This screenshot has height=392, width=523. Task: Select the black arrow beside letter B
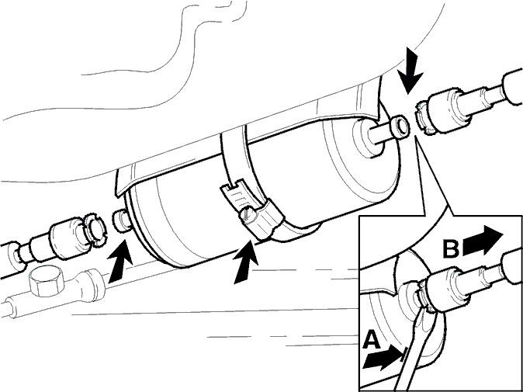(483, 240)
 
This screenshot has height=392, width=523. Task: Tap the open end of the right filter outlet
(400, 127)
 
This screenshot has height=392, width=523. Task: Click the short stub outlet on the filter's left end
(121, 220)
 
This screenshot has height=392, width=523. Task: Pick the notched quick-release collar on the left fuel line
(95, 230)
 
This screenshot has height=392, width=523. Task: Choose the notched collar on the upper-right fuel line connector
(424, 119)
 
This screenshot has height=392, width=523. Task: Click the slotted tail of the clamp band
(234, 194)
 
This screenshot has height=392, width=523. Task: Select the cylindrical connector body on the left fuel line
(66, 238)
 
